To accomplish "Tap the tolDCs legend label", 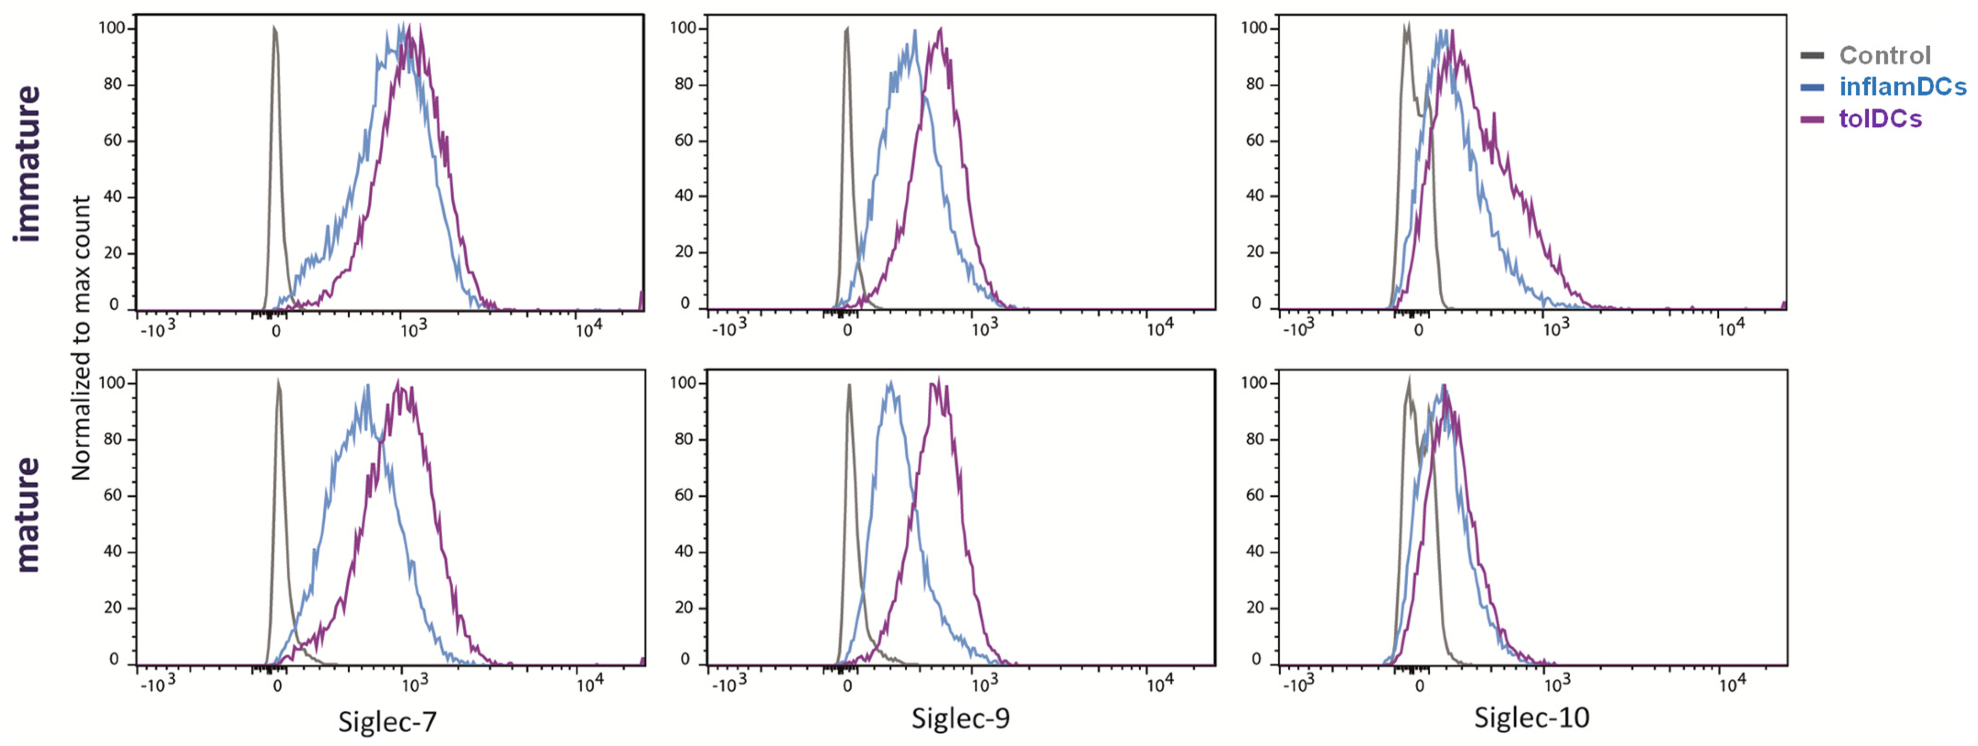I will click(1880, 119).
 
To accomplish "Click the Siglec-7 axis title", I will click(387, 721).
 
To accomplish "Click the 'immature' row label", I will click(27, 164).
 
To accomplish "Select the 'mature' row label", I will click(27, 515).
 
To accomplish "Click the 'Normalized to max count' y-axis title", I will click(81, 338).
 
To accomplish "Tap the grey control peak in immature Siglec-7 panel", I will click(275, 31).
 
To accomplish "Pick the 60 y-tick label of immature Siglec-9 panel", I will click(684, 140).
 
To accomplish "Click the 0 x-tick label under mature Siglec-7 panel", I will click(277, 685).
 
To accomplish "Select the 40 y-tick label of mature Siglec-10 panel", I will click(1255, 551).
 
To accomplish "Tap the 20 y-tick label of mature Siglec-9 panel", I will click(684, 607).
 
